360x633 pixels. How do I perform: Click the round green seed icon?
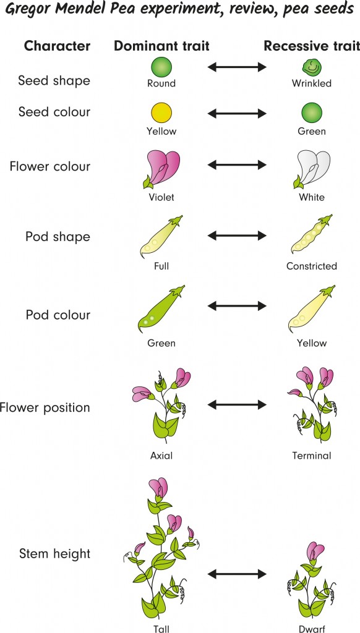[x=161, y=67]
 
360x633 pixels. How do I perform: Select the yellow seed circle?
[x=161, y=113]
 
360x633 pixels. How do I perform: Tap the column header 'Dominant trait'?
[x=161, y=46]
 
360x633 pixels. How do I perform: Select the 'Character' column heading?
[x=57, y=46]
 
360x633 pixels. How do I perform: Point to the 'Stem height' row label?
[x=54, y=554]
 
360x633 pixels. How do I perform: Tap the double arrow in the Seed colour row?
[x=238, y=113]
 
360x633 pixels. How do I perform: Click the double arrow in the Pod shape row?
[x=238, y=236]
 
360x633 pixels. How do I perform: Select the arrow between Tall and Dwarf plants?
[x=238, y=574]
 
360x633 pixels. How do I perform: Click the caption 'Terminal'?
[x=312, y=456]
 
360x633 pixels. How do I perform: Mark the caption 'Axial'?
[x=161, y=456]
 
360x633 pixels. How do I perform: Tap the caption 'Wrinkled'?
[x=312, y=83]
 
